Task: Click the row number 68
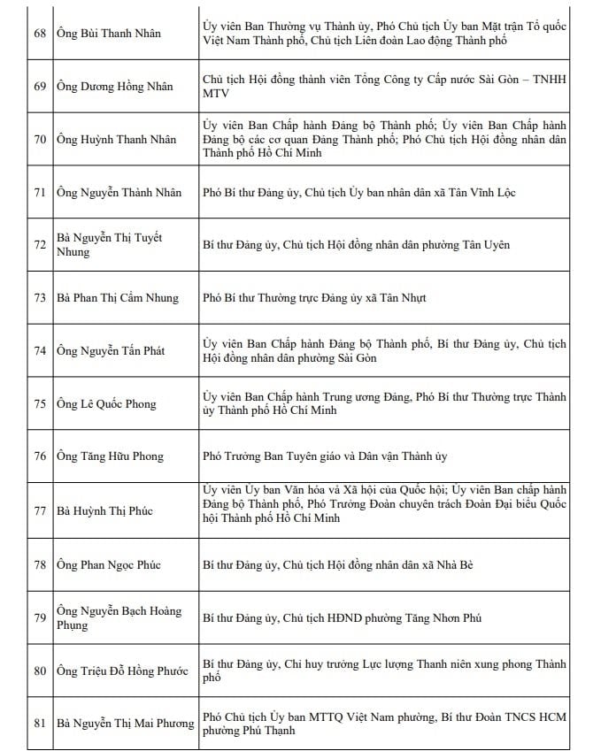tap(40, 34)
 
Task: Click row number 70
tap(40, 139)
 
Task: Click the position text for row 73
tap(314, 297)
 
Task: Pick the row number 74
tap(40, 350)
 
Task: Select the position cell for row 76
tap(325, 456)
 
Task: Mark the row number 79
tap(40, 617)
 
